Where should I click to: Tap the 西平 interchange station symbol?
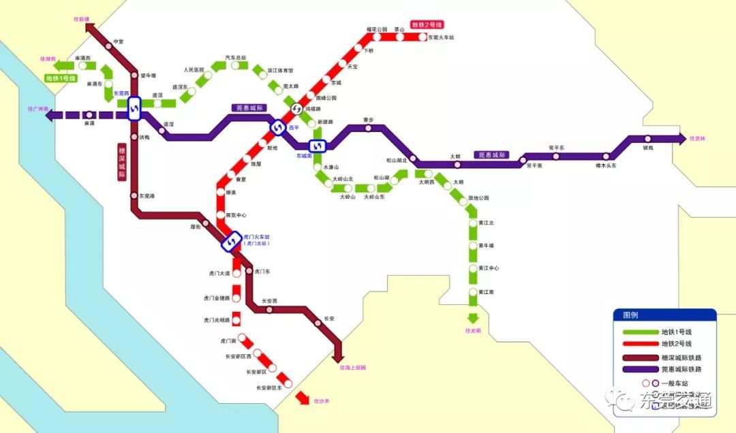[278, 127]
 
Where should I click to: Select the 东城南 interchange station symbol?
[318, 146]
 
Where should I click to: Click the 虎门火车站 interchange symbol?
[232, 240]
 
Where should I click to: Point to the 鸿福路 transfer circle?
[297, 109]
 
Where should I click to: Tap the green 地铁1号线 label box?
[61, 78]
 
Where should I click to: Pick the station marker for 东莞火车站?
[422, 37]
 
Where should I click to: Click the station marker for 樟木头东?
[606, 157]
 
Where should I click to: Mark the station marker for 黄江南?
[472, 292]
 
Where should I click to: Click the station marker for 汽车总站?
[234, 66]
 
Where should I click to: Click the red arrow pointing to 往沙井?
[301, 399]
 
